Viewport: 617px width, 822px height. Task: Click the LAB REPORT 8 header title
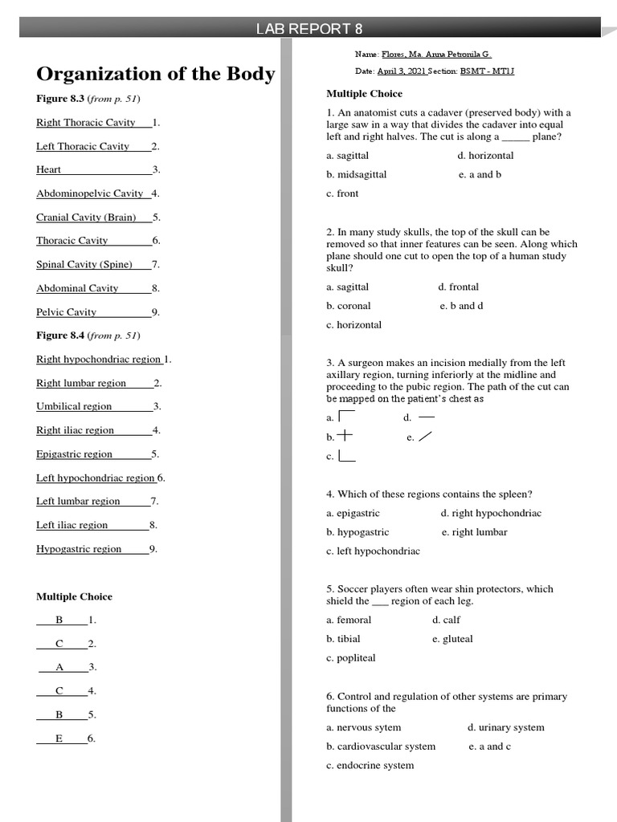pos(308,29)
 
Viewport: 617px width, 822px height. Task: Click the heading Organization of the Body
pos(155,74)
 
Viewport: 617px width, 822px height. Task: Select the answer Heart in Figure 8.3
pos(48,169)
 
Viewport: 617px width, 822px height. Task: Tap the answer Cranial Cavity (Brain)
pos(86,217)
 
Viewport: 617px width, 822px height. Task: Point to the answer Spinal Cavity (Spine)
pos(84,264)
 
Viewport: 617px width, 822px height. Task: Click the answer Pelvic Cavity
pos(66,311)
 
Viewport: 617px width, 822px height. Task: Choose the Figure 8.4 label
pos(59,336)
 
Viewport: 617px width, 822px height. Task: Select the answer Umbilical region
pos(74,406)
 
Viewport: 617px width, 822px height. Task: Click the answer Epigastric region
pos(74,454)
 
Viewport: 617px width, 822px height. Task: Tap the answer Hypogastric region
pos(79,549)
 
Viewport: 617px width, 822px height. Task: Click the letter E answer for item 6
pos(59,739)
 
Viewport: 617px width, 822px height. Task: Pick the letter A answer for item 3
pos(59,667)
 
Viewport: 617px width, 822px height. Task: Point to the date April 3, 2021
pos(401,71)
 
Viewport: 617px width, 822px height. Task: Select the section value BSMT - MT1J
pos(487,71)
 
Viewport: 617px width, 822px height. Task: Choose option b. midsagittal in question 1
pos(356,174)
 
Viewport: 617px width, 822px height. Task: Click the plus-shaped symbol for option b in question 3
pos(344,436)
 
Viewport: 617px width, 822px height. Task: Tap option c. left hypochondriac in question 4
pos(373,551)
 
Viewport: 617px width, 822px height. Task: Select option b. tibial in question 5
pos(343,639)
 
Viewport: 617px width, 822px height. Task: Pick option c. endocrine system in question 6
pos(370,765)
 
